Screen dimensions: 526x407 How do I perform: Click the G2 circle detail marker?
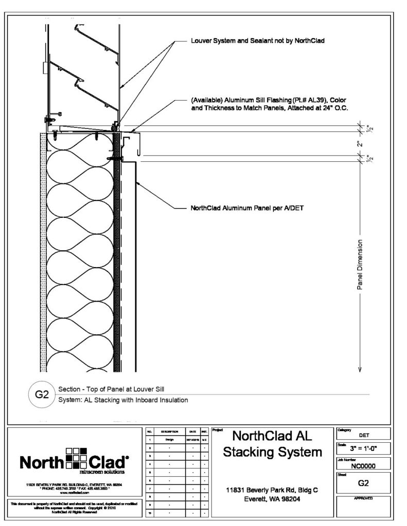point(41,395)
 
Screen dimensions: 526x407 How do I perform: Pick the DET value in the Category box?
point(364,435)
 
